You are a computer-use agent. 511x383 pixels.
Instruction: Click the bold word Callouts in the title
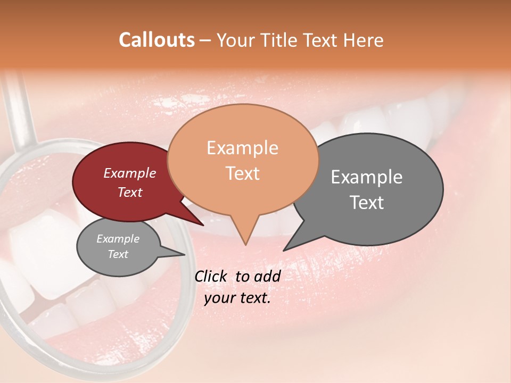[x=156, y=40]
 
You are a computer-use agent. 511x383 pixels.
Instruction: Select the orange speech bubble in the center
[x=243, y=160]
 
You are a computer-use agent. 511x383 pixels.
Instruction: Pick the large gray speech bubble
[x=373, y=189]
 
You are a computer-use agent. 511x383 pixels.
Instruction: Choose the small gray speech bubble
[x=118, y=247]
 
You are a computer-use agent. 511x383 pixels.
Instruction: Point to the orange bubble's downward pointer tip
[x=245, y=244]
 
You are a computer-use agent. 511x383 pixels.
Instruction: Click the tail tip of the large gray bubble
[x=284, y=250]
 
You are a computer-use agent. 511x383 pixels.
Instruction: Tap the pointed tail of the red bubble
[x=202, y=225]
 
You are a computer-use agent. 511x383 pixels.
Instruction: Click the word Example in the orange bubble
[x=242, y=148]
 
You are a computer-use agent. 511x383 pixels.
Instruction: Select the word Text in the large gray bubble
[x=367, y=203]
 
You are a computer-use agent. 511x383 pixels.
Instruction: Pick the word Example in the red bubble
[x=129, y=173]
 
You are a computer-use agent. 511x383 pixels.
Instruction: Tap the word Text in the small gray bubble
[x=118, y=254]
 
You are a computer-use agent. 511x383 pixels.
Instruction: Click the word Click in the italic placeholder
[x=211, y=276]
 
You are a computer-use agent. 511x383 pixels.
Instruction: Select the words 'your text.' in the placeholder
[x=237, y=298]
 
